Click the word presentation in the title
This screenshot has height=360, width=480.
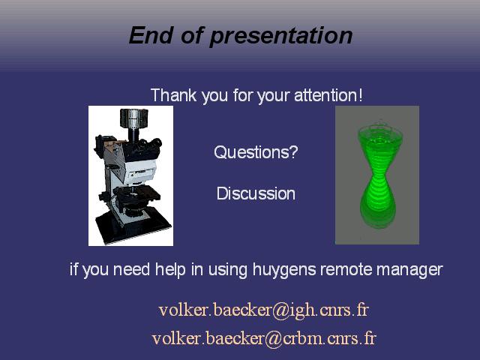click(280, 36)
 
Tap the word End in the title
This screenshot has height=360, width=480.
click(151, 35)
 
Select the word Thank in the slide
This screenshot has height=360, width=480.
click(173, 95)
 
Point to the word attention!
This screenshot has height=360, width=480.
click(328, 95)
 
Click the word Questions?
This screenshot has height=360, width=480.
click(256, 151)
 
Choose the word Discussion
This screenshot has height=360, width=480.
click(256, 193)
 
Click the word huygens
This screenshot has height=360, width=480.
click(285, 270)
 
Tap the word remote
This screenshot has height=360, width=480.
click(346, 269)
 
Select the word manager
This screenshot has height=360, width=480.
click(409, 270)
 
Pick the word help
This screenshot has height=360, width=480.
click(170, 269)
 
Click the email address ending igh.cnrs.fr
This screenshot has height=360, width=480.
click(263, 310)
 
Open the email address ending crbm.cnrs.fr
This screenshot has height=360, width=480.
click(264, 338)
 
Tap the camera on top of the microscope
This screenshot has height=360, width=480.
click(133, 118)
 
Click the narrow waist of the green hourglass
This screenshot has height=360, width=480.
click(377, 177)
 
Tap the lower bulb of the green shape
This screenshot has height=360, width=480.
click(377, 205)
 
